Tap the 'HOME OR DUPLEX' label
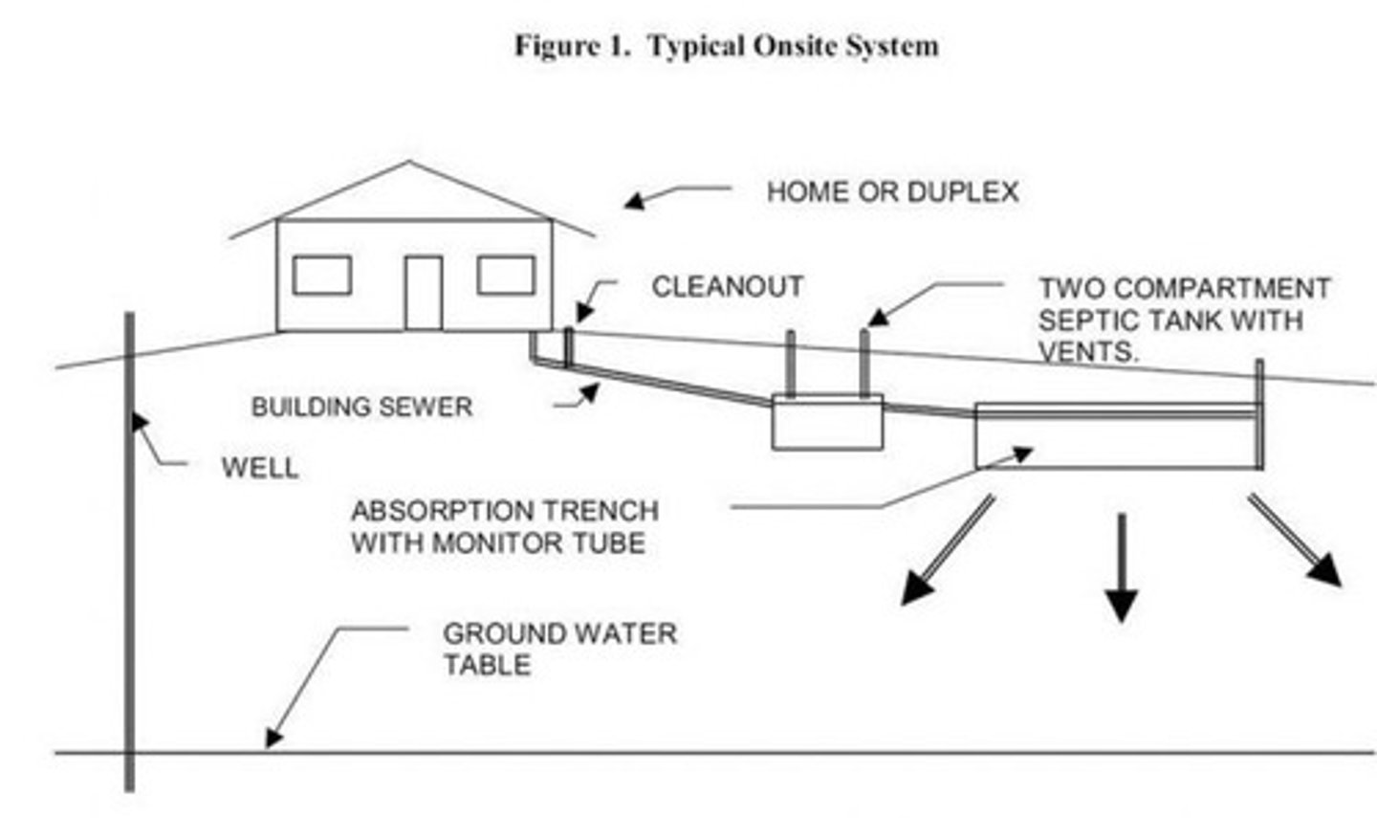point(891,192)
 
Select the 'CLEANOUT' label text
point(727,287)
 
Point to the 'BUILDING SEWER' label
point(361,408)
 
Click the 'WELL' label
point(259,469)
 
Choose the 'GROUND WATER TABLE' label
point(559,649)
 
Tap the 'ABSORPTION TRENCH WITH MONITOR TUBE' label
point(504,527)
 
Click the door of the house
point(423,292)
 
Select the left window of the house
point(321,276)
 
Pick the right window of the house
point(506,276)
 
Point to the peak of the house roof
point(410,165)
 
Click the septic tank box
point(827,423)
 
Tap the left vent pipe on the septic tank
point(791,363)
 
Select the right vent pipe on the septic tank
point(863,363)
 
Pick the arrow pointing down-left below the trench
point(946,551)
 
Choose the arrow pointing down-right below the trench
point(1296,542)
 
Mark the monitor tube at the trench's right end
point(1259,411)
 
